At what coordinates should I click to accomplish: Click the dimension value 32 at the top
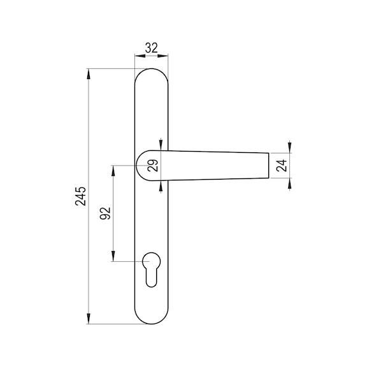click(x=152, y=48)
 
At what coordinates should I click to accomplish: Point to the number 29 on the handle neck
click(x=152, y=166)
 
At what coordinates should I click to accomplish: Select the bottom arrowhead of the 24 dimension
click(x=290, y=185)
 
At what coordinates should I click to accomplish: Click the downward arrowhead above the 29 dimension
click(x=161, y=145)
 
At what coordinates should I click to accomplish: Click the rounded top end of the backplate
click(x=152, y=71)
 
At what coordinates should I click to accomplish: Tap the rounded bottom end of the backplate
click(x=152, y=320)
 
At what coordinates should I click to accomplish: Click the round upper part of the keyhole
click(x=152, y=261)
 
